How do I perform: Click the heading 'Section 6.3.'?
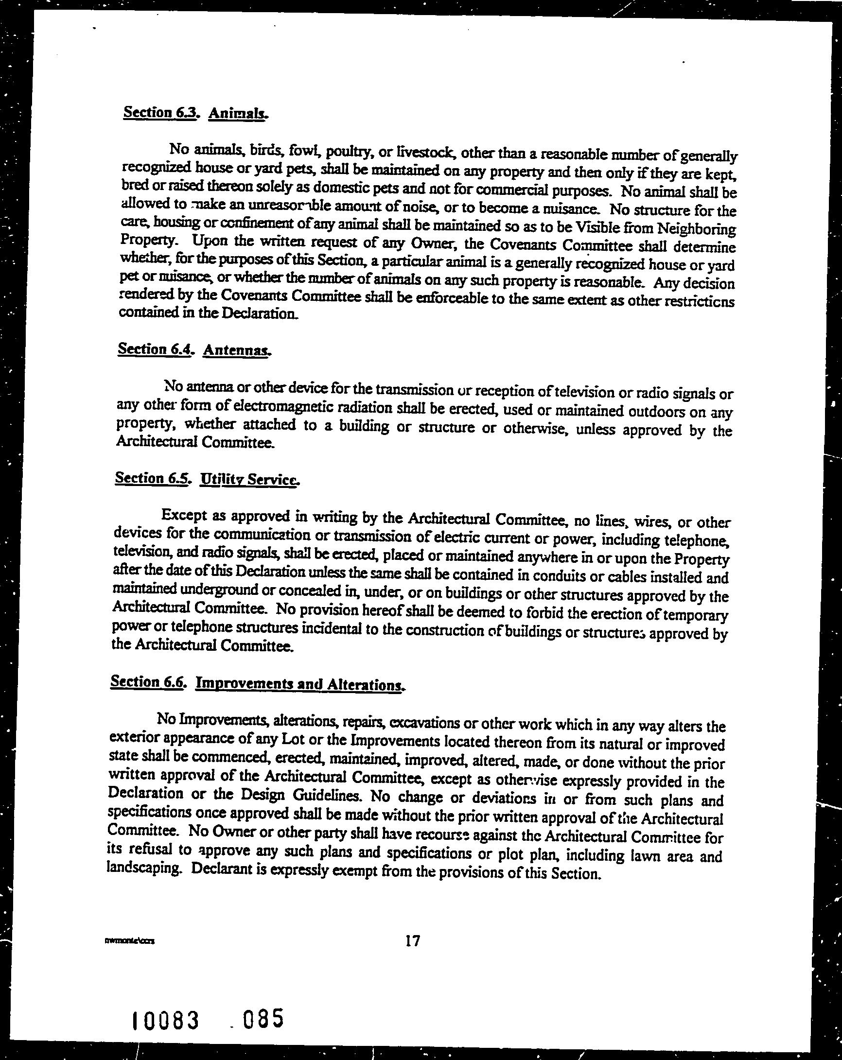(x=160, y=112)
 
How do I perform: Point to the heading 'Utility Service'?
(x=249, y=479)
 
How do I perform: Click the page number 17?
(x=412, y=940)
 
